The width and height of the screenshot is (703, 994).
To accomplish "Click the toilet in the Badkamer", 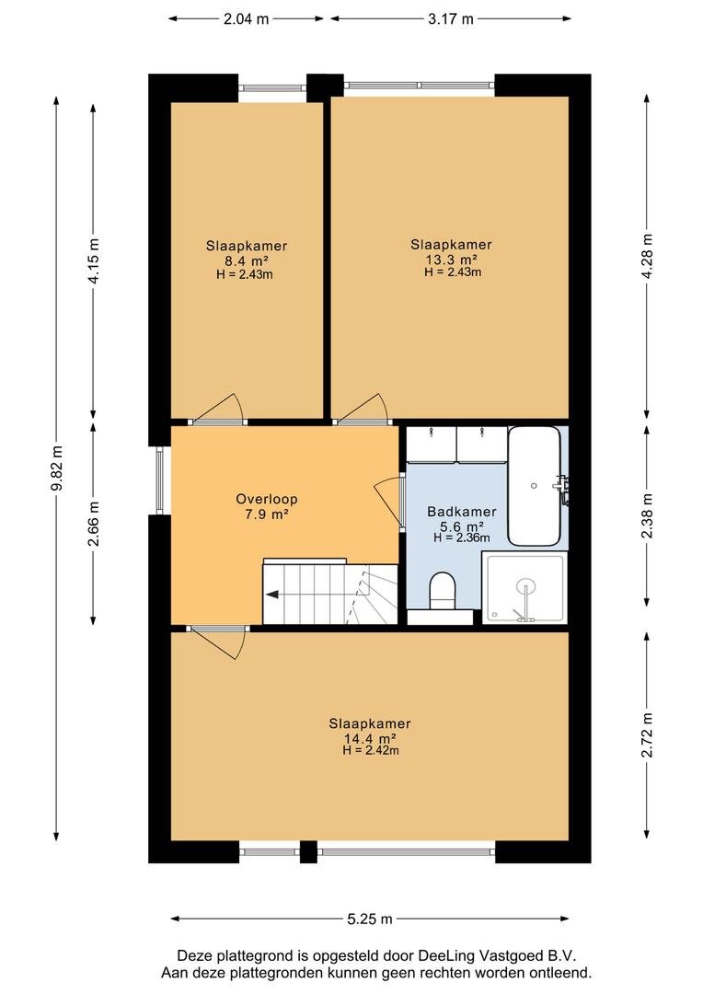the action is pyautogui.click(x=442, y=591).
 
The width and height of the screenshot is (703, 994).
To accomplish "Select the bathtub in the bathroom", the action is pyautogui.click(x=535, y=486).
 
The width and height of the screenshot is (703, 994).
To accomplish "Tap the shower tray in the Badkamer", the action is pyautogui.click(x=524, y=587).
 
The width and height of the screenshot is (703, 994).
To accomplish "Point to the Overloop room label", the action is pyautogui.click(x=266, y=499).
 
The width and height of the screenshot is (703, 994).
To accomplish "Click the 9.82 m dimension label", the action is pyautogui.click(x=57, y=468).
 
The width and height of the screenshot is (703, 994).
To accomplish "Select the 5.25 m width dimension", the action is pyautogui.click(x=370, y=919).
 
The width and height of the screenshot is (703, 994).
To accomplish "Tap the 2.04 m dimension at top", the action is pyautogui.click(x=246, y=19).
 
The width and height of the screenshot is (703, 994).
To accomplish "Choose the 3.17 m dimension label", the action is pyautogui.click(x=451, y=19).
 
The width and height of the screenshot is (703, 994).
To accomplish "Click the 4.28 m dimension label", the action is pyautogui.click(x=647, y=257).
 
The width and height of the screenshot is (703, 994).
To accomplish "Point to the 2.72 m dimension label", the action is pyautogui.click(x=647, y=734).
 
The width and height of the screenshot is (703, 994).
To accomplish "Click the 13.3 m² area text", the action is pyautogui.click(x=452, y=260).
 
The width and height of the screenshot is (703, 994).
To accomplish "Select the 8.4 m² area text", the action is pyautogui.click(x=246, y=260).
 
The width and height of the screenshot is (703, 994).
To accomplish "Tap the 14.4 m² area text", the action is pyautogui.click(x=370, y=738).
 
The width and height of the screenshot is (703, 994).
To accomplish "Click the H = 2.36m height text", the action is pyautogui.click(x=462, y=538).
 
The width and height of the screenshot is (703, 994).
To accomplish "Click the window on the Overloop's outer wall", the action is pyautogui.click(x=159, y=480).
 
